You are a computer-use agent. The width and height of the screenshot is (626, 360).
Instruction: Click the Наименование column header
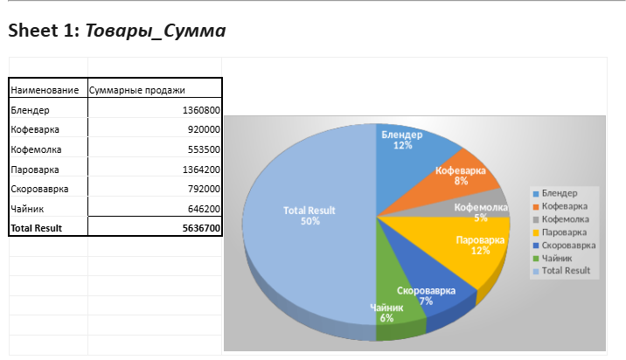tap(45, 90)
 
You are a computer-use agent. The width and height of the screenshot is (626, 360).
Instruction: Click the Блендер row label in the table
tap(31, 110)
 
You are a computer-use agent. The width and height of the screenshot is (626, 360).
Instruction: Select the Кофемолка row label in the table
tap(36, 149)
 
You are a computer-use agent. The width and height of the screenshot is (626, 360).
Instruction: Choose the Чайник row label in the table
tap(29, 209)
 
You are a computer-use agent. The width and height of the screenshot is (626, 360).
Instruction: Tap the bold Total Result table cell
tap(36, 228)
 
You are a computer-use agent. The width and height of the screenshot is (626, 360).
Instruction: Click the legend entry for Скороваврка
tap(567, 246)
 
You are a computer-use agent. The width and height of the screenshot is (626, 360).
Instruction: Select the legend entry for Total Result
tap(565, 271)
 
